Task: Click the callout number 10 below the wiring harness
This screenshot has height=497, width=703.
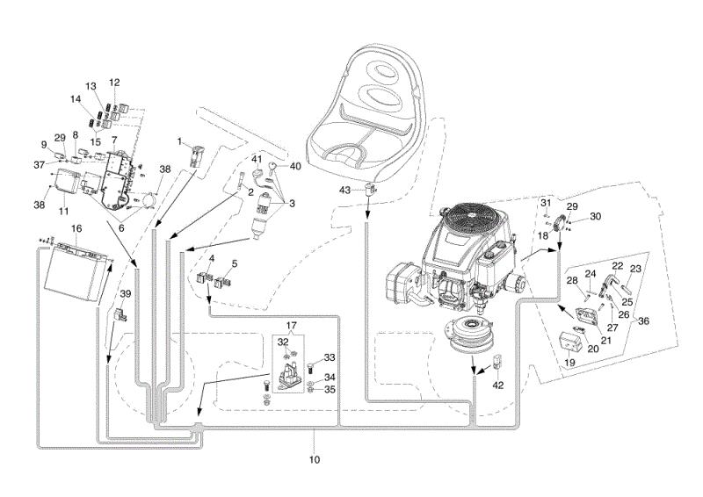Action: click(315, 459)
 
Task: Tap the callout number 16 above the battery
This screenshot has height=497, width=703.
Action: click(76, 228)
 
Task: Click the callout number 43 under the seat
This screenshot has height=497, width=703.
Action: click(344, 190)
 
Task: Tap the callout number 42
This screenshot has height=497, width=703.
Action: click(498, 385)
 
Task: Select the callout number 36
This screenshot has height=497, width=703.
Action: click(643, 321)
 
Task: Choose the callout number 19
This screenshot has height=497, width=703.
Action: click(569, 362)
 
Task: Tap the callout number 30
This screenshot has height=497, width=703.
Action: click(595, 216)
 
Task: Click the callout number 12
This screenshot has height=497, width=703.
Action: click(114, 83)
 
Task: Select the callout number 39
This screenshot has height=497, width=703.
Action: click(126, 294)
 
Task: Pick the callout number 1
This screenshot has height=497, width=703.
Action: click(180, 141)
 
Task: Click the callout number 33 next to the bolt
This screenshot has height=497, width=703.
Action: click(330, 357)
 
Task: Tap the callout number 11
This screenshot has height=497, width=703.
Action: click(63, 211)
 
